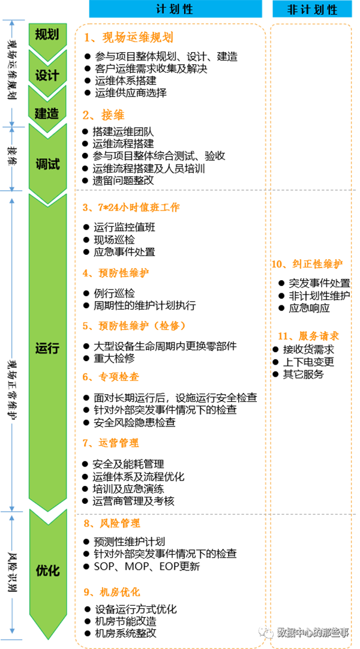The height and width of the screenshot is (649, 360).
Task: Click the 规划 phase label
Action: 47,35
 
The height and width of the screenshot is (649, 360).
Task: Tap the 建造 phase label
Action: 47,112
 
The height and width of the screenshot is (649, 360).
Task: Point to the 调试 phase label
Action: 47,164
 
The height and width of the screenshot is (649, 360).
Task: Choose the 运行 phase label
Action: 47,348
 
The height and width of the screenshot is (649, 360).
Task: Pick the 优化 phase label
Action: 47,570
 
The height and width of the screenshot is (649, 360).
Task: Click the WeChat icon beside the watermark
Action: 265,632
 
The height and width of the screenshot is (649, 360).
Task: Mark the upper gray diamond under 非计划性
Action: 311,190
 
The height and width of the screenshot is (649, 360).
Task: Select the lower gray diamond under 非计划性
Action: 311,512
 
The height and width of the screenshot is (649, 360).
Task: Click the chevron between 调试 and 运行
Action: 47,196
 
